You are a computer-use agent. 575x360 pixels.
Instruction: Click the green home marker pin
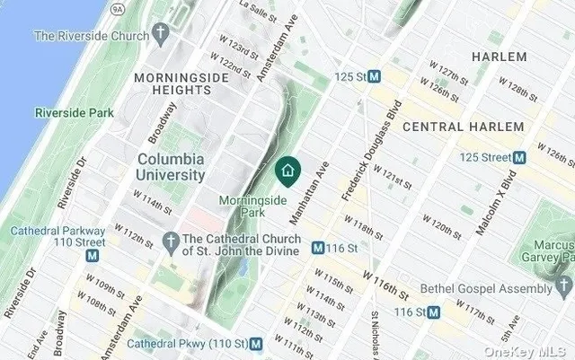287,170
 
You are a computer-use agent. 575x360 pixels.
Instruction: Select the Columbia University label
170,167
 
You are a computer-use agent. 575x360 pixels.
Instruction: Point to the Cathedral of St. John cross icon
171,239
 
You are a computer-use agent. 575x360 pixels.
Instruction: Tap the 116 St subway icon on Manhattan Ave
318,247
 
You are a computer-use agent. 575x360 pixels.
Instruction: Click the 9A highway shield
117,9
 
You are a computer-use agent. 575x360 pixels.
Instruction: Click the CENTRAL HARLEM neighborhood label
462,127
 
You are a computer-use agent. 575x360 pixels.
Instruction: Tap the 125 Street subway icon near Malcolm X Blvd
518,157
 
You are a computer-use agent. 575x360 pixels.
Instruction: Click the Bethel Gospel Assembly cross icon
562,288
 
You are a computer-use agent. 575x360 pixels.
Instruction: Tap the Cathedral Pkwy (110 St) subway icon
256,343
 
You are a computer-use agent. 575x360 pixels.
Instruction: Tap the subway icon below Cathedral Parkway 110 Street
92,256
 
